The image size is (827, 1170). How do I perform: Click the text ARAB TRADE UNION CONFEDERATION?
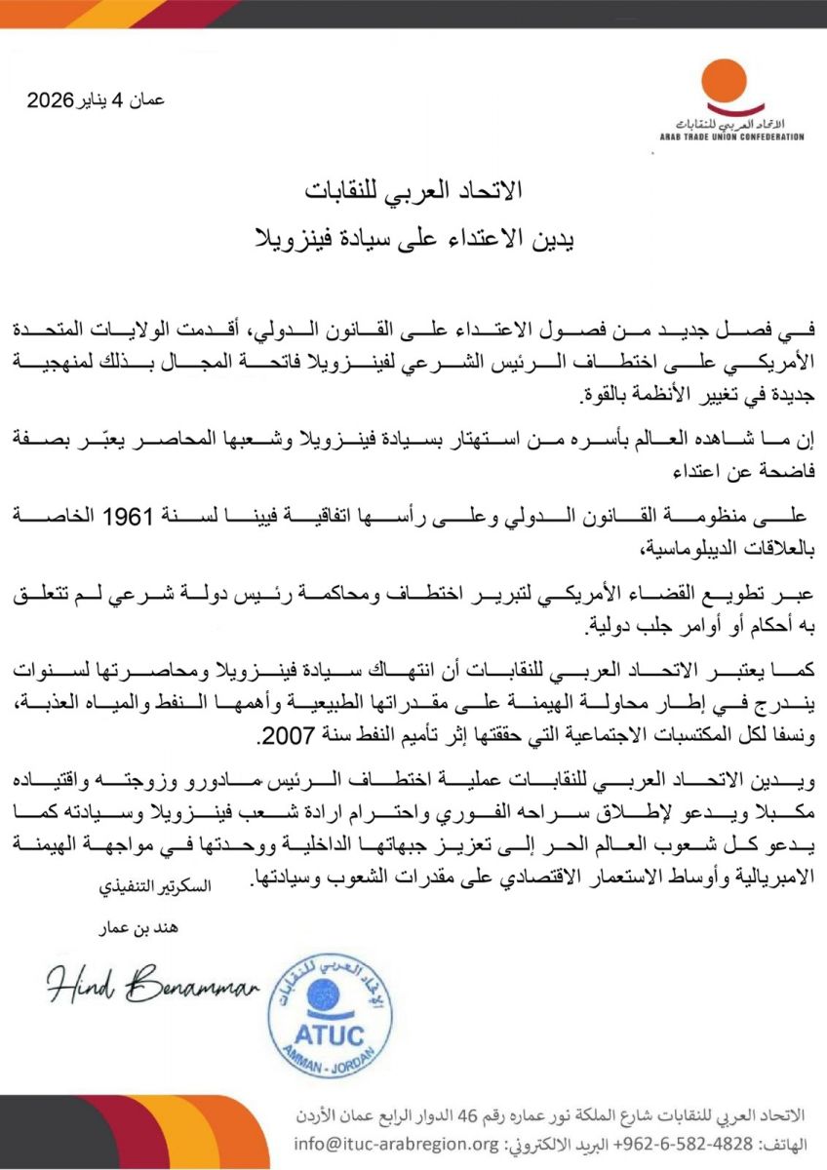(731, 136)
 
